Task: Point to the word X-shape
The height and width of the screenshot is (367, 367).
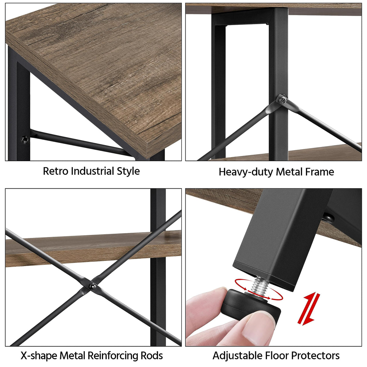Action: [x=39, y=356]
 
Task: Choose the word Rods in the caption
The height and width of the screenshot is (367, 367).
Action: [x=152, y=356]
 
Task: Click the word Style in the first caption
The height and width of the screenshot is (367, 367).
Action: [x=128, y=171]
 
